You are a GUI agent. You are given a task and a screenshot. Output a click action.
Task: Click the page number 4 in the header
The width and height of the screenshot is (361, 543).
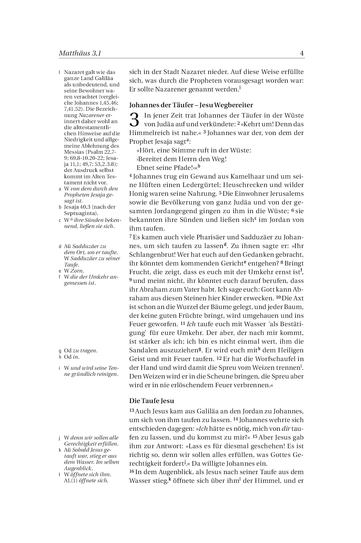302,53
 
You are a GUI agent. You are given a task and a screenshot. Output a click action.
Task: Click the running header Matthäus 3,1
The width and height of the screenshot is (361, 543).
80,53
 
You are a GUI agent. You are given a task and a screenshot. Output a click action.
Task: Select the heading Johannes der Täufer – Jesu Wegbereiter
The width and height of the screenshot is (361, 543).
191,105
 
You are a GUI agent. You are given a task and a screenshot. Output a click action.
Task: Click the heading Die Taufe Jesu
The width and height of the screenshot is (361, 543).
152,401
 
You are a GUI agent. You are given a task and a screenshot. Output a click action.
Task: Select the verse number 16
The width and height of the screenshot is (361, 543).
132,472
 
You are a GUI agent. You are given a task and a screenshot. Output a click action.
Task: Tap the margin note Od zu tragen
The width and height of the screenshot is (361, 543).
81,351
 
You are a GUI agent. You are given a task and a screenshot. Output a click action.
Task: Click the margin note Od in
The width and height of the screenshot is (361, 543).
72,357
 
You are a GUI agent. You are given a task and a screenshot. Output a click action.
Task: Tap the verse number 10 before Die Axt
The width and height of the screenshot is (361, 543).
278,297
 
